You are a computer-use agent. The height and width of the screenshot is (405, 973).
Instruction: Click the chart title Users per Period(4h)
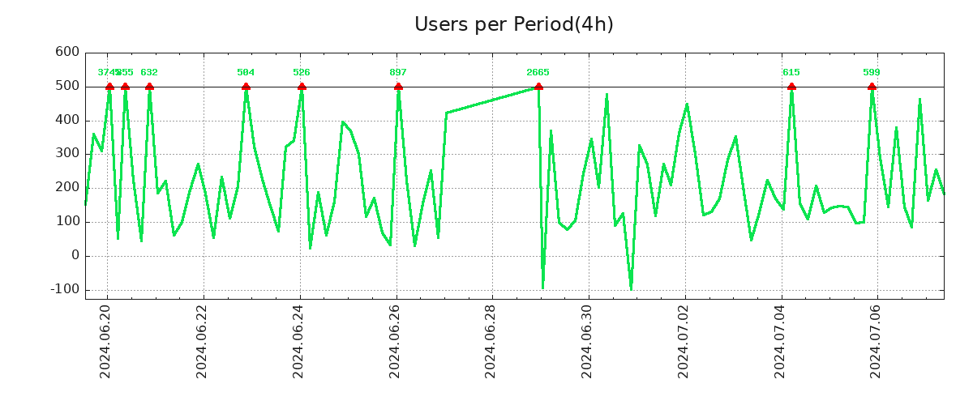point(513,24)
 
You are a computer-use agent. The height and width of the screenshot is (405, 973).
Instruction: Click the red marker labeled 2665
point(538,87)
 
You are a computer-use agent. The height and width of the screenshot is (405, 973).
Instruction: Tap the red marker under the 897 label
point(398,87)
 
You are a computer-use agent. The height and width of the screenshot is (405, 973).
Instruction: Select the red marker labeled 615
point(791,87)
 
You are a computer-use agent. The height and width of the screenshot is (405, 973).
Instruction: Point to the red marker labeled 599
point(872,87)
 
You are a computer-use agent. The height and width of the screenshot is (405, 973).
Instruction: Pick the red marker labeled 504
point(246,87)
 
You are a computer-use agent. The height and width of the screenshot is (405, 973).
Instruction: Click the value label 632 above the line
point(149,73)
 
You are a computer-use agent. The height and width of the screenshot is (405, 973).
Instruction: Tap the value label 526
point(302,73)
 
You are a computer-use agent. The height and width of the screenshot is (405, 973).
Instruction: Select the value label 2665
point(538,73)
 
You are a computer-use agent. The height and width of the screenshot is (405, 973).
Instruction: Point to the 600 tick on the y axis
point(67,53)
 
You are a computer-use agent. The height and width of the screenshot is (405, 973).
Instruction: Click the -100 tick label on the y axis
point(64,290)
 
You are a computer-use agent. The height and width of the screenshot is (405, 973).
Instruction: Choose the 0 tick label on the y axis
point(75,256)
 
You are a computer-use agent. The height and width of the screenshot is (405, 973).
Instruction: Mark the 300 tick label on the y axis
point(67,154)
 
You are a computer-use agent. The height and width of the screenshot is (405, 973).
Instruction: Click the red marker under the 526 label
point(302,87)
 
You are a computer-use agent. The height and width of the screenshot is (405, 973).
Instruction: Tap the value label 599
point(872,73)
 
